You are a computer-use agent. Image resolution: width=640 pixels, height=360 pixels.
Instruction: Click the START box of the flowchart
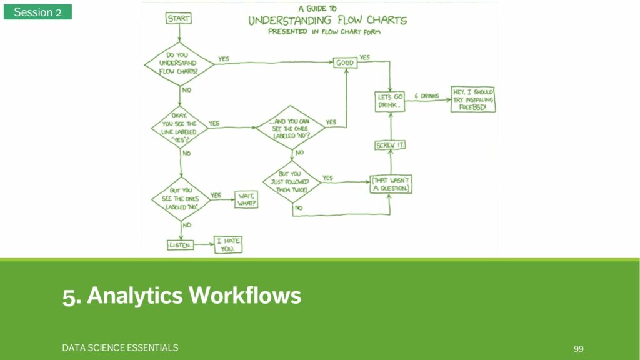point(179,19)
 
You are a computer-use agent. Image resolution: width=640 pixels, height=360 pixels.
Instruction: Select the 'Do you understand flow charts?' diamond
point(179,64)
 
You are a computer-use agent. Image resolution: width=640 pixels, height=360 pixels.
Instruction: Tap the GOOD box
point(344,62)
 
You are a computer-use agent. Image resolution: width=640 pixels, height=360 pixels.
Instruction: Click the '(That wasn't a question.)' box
point(391,183)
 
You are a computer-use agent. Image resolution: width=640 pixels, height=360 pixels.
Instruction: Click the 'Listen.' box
point(180,245)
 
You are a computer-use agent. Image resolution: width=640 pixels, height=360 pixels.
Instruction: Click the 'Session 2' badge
point(37,12)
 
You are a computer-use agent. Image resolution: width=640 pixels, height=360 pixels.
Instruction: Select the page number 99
point(578,348)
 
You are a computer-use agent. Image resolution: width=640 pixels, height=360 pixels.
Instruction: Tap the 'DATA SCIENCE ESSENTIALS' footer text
point(120,347)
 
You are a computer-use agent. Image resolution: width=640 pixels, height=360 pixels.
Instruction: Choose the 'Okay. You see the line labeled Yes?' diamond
point(179,127)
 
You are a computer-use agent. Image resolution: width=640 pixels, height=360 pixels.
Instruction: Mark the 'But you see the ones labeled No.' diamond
point(180,199)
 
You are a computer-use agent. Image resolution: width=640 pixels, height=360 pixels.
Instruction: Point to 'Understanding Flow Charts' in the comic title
point(327,20)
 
